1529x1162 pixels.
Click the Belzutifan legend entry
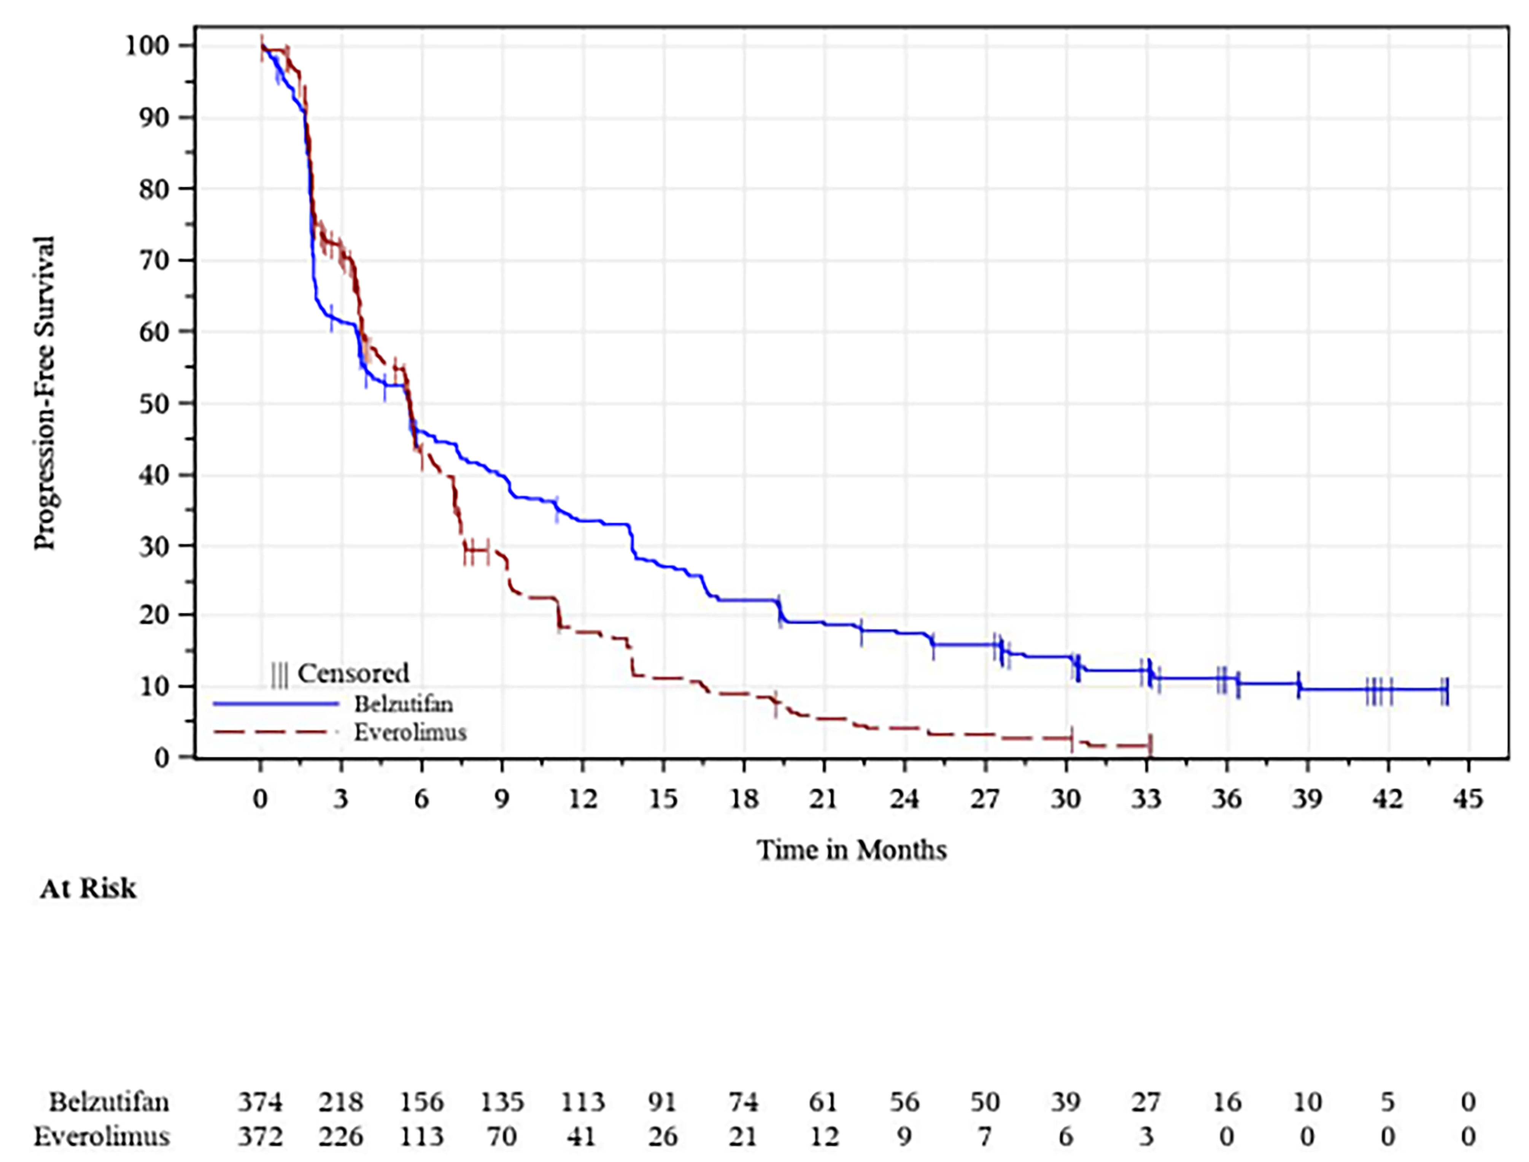[x=403, y=704]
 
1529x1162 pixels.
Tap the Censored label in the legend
[x=353, y=673]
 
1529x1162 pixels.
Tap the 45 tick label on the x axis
[x=1468, y=800]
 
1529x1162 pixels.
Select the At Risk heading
[x=88, y=889]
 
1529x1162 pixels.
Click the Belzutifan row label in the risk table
[x=109, y=1102]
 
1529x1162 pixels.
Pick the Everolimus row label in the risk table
[x=102, y=1137]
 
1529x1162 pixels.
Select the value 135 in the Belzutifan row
[x=502, y=1102]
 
